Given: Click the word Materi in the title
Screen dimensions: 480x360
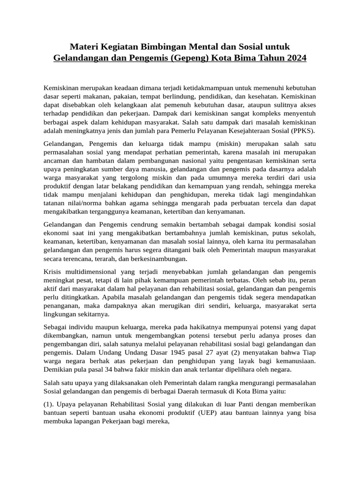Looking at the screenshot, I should tap(85, 47).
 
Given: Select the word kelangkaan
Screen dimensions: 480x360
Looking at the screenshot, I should tap(135, 105).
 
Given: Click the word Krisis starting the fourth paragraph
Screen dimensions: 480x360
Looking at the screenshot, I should tap(53, 272).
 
